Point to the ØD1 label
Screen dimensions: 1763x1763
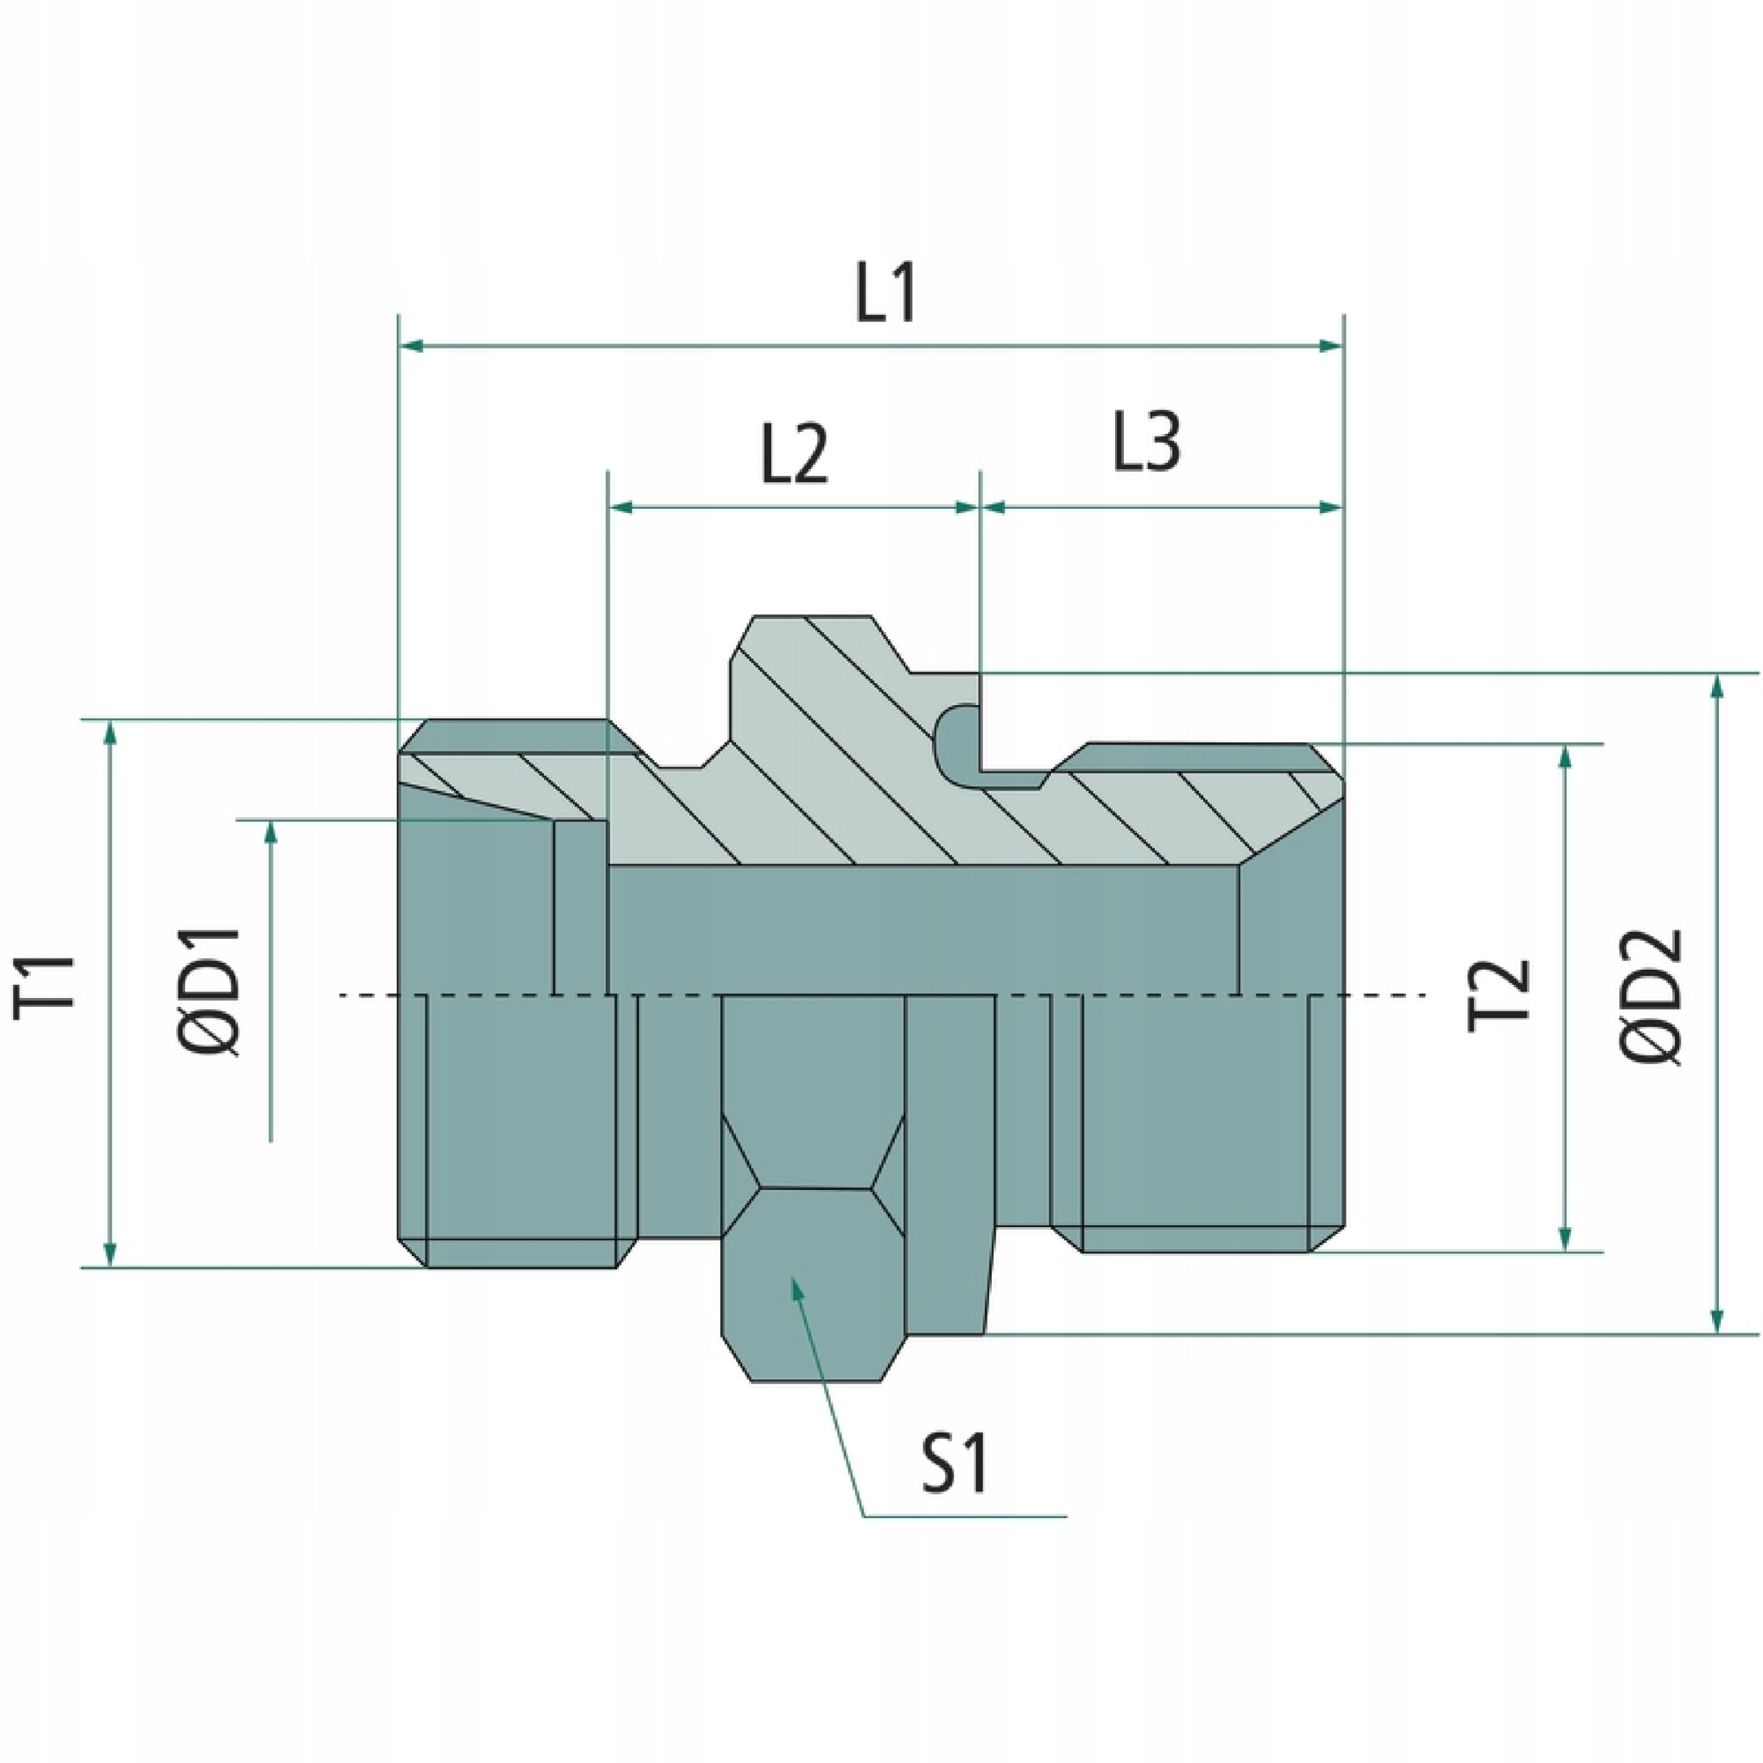point(216,993)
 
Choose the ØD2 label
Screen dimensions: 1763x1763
point(1654,997)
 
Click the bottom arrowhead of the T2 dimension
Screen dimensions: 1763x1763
point(1566,1238)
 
